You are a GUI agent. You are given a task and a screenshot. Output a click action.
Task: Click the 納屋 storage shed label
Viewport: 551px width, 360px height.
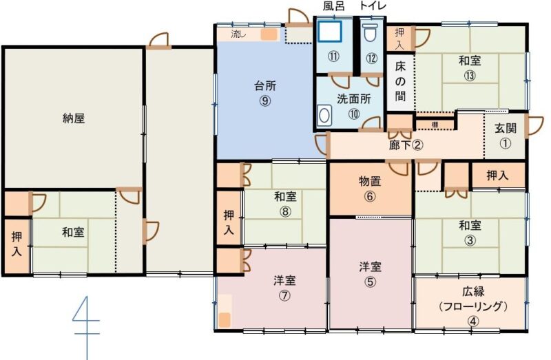point(74,118)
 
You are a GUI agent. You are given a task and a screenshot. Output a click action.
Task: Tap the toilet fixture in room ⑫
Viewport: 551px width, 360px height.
point(370,33)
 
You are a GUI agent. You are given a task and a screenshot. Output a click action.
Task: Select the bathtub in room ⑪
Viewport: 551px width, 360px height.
point(330,32)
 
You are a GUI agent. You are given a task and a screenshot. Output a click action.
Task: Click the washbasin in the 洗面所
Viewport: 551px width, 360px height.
point(324,115)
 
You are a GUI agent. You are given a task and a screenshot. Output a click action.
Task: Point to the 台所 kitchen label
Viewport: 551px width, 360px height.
point(265,85)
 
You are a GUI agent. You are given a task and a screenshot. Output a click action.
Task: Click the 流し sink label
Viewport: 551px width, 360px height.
point(238,34)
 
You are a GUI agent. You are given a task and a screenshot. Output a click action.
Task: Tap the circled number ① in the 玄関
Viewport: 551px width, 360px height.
point(506,143)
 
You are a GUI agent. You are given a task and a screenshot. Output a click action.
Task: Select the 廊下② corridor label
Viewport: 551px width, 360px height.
point(406,145)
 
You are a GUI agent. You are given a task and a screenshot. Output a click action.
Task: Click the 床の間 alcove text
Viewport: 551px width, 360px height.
point(400,81)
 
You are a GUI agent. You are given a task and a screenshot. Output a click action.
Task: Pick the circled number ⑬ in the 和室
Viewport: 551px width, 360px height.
point(470,76)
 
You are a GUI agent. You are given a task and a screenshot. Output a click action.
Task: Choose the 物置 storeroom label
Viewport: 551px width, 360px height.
point(370,181)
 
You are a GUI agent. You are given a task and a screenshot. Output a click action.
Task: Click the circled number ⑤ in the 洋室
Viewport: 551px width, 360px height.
point(370,282)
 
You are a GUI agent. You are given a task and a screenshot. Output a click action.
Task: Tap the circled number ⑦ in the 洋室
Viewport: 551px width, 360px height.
point(284,296)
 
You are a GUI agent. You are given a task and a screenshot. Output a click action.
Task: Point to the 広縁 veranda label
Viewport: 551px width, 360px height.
point(473,291)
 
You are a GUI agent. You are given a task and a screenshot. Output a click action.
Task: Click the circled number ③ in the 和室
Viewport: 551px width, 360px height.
point(470,241)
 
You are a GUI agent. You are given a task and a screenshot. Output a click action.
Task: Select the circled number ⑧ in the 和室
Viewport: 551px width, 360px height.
point(285,211)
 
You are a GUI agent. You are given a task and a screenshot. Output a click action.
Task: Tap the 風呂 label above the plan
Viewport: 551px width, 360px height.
point(334,6)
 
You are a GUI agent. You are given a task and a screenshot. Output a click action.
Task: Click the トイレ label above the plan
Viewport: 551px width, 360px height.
point(373,6)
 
